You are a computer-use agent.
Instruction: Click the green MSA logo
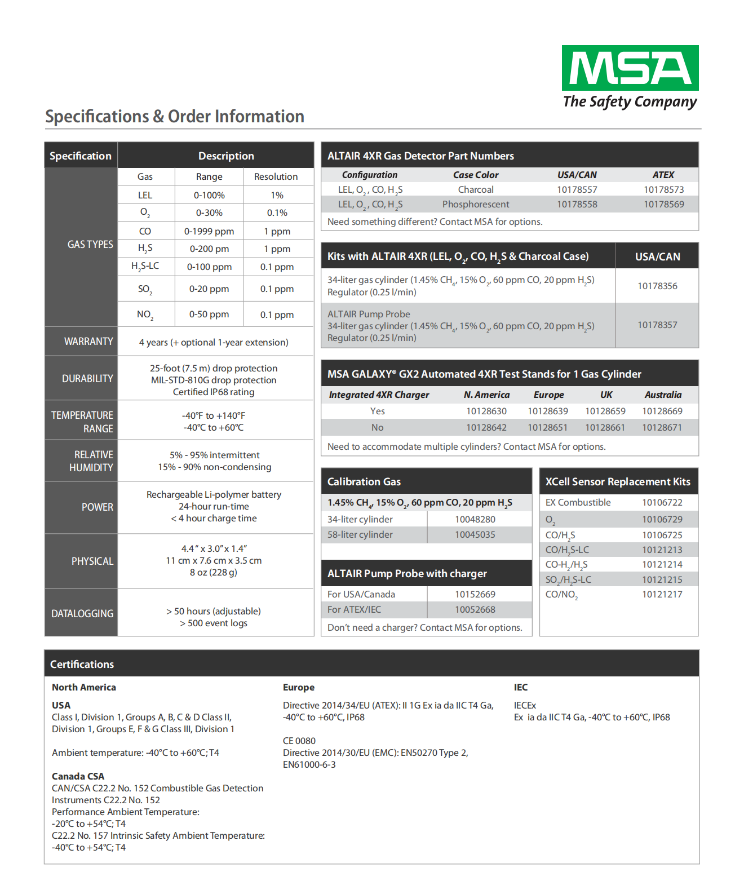coord(630,68)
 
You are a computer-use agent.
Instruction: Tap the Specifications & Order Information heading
coord(175,117)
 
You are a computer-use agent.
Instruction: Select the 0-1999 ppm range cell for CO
coord(209,231)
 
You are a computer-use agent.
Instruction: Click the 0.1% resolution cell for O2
coord(277,213)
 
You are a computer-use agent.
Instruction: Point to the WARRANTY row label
coord(88,342)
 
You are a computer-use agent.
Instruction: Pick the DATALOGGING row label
coord(82,613)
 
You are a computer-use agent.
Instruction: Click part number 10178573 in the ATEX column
coord(663,190)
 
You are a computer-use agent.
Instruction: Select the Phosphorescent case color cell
coord(475,204)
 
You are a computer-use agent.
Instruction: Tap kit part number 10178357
coord(657,325)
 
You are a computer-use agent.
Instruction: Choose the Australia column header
coord(663,395)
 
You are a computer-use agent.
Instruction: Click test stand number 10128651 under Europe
coord(547,427)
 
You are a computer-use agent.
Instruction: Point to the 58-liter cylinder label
coord(360,534)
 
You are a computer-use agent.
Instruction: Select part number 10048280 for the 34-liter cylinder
coord(475,519)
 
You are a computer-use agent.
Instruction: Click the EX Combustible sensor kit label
coord(578,502)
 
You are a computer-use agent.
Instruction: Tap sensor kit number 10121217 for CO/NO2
coord(662,594)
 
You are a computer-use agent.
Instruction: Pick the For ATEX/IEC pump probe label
coord(354,609)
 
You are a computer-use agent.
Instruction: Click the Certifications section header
coord(82,664)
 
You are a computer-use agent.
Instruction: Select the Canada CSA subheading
coord(78,776)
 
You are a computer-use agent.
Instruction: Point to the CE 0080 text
coord(299,741)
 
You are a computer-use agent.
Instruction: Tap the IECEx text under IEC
coord(525,705)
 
